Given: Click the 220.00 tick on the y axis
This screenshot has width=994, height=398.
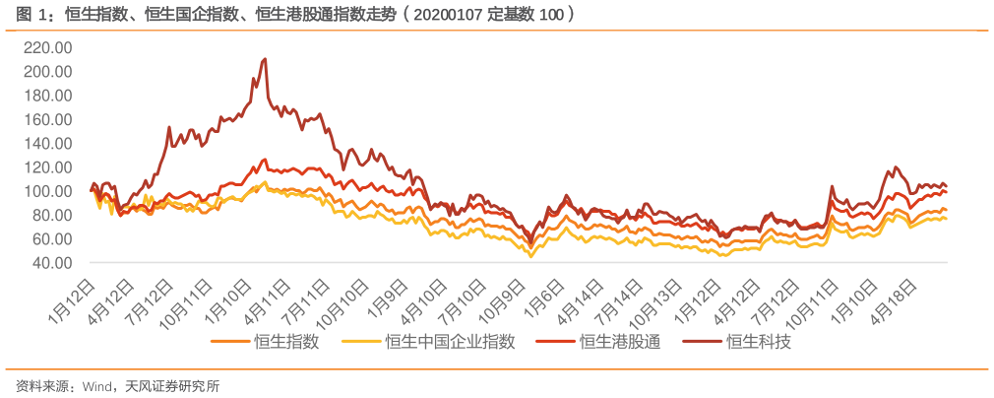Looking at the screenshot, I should pos(48,47).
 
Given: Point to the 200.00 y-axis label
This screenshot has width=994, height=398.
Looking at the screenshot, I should pos(48,72).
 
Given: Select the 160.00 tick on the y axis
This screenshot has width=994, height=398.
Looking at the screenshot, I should pos(48,119).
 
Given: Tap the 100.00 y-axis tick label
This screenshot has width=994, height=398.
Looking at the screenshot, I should pos(48,191).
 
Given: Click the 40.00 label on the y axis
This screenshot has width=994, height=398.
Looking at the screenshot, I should pos(51,263).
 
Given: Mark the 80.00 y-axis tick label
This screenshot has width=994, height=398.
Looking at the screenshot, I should pos(51,215).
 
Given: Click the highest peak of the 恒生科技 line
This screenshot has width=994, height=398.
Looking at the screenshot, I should pos(265,59).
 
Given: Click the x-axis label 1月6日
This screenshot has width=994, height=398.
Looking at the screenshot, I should pos(545,297).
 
